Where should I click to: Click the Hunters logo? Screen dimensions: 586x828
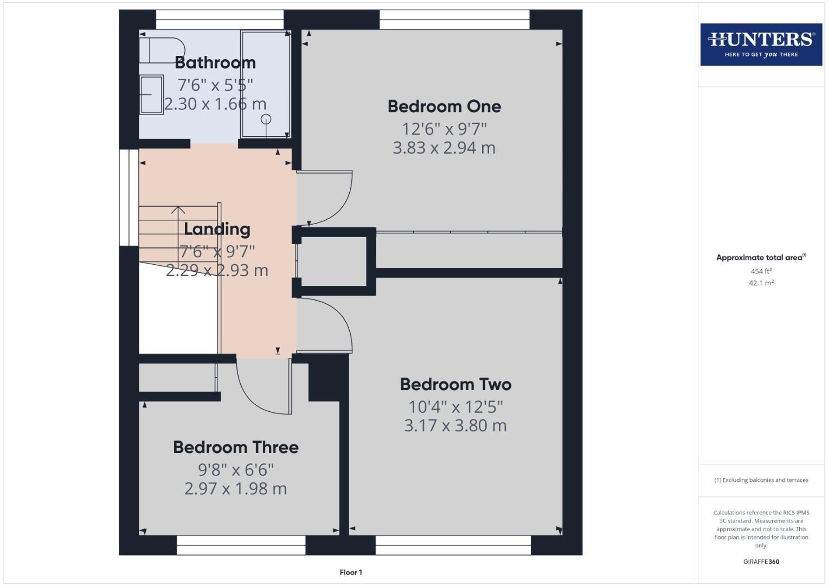pyautogui.click(x=761, y=44)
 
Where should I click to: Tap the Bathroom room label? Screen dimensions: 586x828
pyautogui.click(x=215, y=63)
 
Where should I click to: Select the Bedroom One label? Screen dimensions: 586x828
pyautogui.click(x=444, y=106)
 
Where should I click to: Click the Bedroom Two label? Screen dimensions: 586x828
pyautogui.click(x=455, y=385)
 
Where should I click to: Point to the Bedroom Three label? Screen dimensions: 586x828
pyautogui.click(x=236, y=448)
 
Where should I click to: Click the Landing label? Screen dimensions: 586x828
pyautogui.click(x=217, y=229)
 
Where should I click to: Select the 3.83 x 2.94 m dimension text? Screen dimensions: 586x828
pyautogui.click(x=444, y=148)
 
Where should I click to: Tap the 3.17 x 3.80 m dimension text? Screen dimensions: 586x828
pyautogui.click(x=455, y=425)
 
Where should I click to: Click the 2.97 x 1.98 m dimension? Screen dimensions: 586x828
pyautogui.click(x=236, y=489)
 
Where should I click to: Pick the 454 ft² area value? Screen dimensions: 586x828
pyautogui.click(x=761, y=271)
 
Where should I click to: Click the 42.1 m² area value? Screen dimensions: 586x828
pyautogui.click(x=761, y=283)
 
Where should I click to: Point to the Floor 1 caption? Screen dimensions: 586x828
pyautogui.click(x=351, y=572)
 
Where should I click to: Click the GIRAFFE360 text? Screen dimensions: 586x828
pyautogui.click(x=761, y=562)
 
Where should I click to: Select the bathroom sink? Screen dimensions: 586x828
pyautogui.click(x=151, y=94)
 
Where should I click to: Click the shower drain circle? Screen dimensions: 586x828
pyautogui.click(x=266, y=119)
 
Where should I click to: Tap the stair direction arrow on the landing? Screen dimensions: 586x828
pyautogui.click(x=178, y=209)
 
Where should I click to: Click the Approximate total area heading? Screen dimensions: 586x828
pyautogui.click(x=761, y=258)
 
